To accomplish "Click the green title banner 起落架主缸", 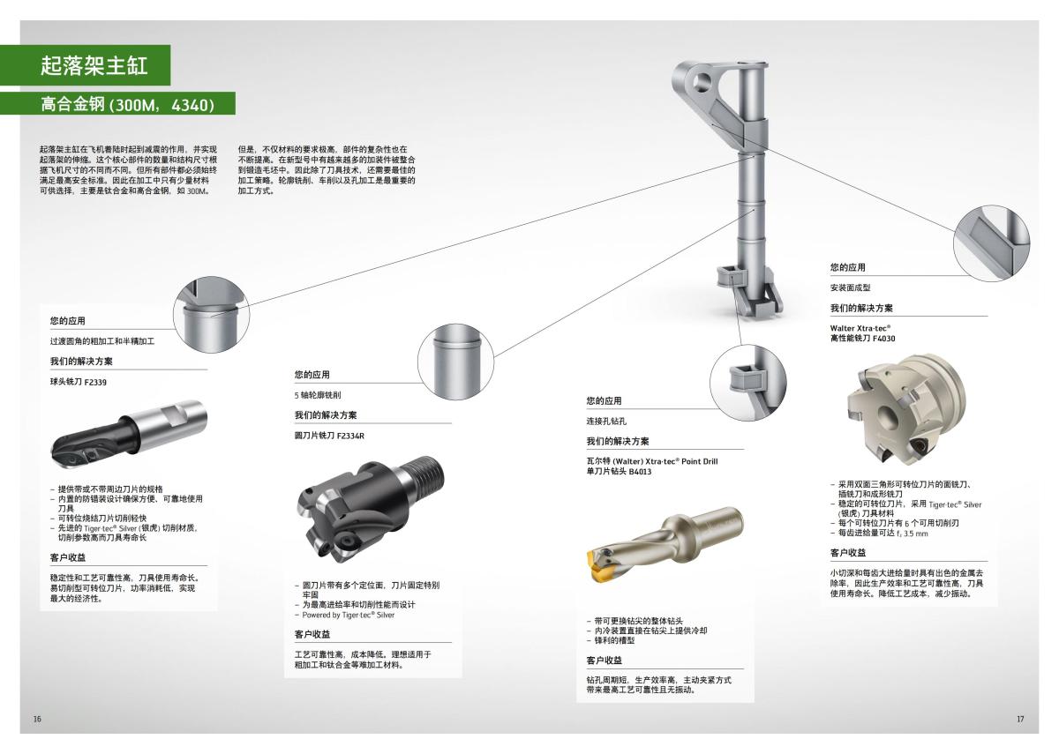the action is click(93, 65).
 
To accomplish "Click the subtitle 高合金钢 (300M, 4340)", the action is click(127, 105).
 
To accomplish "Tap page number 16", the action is click(37, 719).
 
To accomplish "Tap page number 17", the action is click(1020, 719).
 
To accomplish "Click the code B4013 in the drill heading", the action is click(640, 472).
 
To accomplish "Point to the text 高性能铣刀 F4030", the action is click(863, 338).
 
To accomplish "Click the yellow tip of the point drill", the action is click(598, 558).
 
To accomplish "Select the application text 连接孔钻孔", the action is click(605, 422).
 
